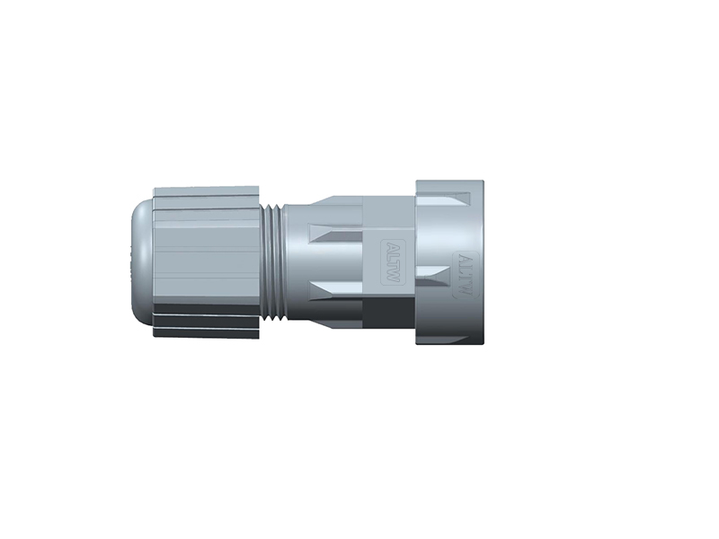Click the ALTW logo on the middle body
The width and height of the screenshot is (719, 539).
tap(392, 262)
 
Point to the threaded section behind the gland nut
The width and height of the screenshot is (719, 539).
tap(272, 262)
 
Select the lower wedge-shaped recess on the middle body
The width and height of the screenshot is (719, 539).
tap(334, 293)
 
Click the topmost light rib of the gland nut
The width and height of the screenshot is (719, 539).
tap(207, 192)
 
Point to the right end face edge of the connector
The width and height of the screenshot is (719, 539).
tap(482, 262)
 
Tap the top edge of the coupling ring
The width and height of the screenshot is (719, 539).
tap(449, 181)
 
